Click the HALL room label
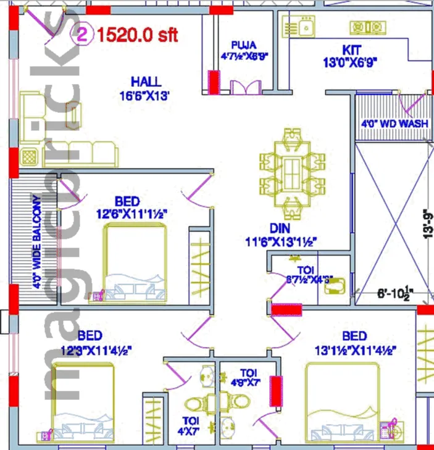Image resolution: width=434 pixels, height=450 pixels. tap(146, 81)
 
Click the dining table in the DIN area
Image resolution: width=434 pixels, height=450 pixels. tap(291, 168)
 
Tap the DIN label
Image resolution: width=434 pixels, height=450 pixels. tap(280, 228)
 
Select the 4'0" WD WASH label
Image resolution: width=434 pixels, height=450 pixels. tap(395, 123)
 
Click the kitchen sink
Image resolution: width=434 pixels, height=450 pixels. tap(299, 27)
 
